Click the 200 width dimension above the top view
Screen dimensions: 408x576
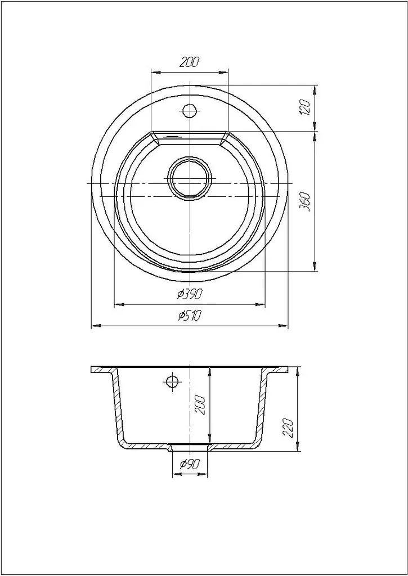189,62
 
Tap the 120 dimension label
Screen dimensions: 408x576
306,107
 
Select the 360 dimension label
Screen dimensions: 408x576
305,201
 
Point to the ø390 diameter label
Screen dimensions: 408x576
190,294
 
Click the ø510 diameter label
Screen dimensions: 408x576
190,315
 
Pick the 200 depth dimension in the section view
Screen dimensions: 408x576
200,405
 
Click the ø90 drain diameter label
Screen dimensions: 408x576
190,465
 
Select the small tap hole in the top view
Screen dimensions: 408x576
189,111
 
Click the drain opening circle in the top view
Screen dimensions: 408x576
190,178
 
